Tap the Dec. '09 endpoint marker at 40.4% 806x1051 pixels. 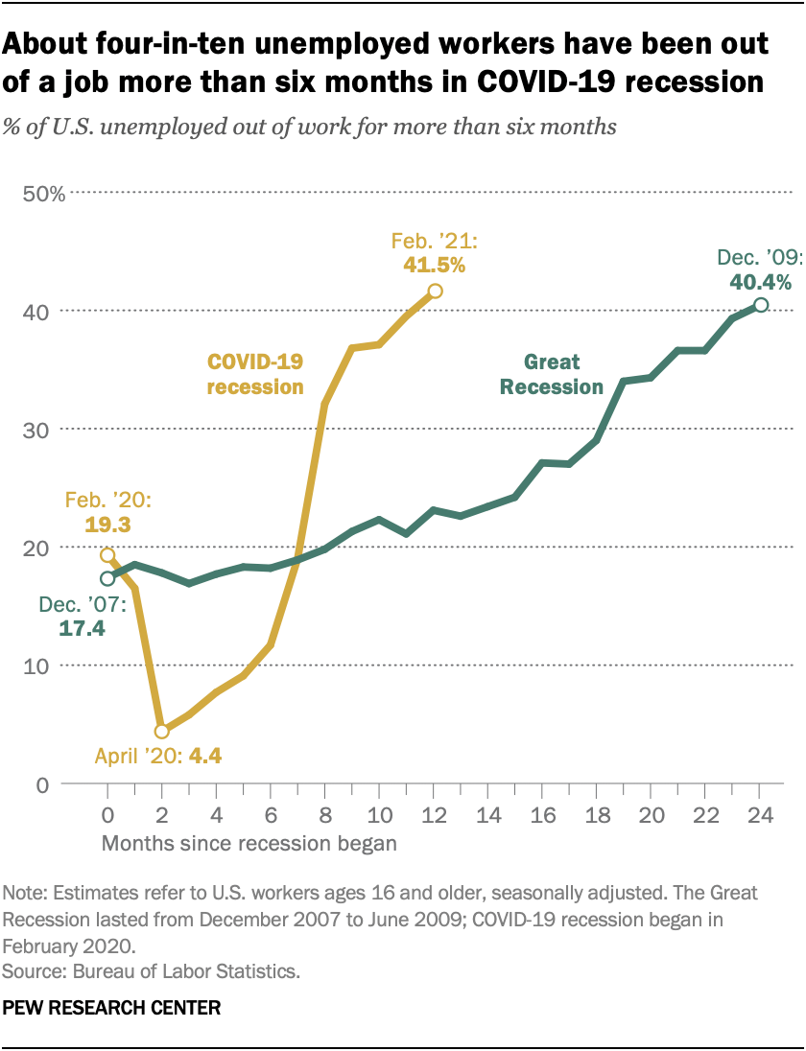[760, 305]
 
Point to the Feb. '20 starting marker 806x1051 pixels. [107, 555]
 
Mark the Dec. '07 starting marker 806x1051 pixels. [107, 578]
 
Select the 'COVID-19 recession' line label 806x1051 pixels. [255, 375]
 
